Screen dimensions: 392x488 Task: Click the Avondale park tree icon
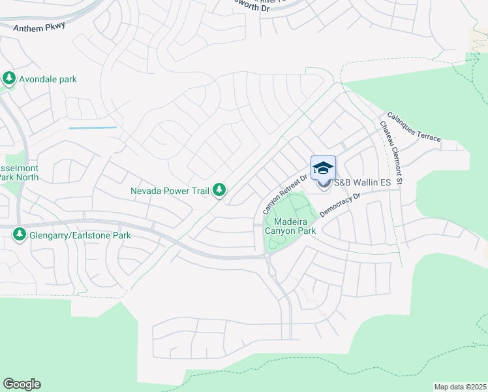[9, 79]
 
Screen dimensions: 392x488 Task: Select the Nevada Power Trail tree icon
[220, 190]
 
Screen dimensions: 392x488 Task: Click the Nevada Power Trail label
[169, 191]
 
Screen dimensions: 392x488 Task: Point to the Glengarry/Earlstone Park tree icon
[20, 234]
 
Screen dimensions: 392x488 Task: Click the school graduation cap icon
[324, 169]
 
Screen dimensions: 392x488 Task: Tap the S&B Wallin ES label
[362, 183]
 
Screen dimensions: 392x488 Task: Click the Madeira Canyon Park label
[290, 226]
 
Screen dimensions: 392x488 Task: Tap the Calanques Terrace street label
[414, 127]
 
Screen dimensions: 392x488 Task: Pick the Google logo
[22, 384]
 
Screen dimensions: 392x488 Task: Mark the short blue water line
[93, 127]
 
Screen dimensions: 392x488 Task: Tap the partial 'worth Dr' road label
[246, 9]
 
